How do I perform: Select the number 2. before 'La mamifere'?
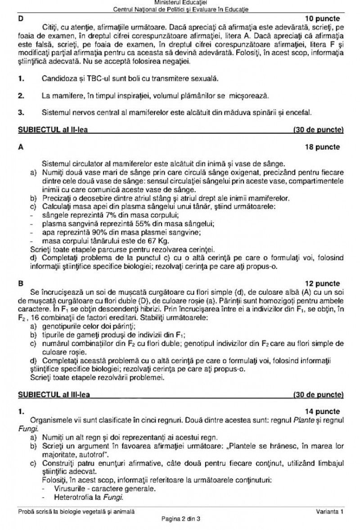[21, 95]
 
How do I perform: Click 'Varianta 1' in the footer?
[329, 512]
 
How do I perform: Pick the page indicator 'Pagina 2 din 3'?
[180, 518]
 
